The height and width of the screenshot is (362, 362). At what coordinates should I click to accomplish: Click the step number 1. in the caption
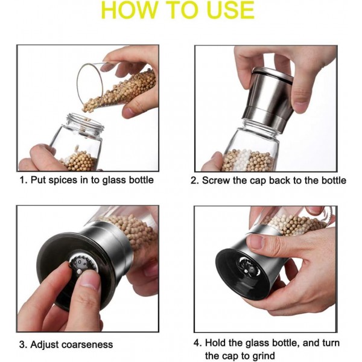(x=24, y=180)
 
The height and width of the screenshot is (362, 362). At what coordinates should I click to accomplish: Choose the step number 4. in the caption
(x=198, y=343)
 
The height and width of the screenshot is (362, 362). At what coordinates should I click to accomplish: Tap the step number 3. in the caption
(x=23, y=345)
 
